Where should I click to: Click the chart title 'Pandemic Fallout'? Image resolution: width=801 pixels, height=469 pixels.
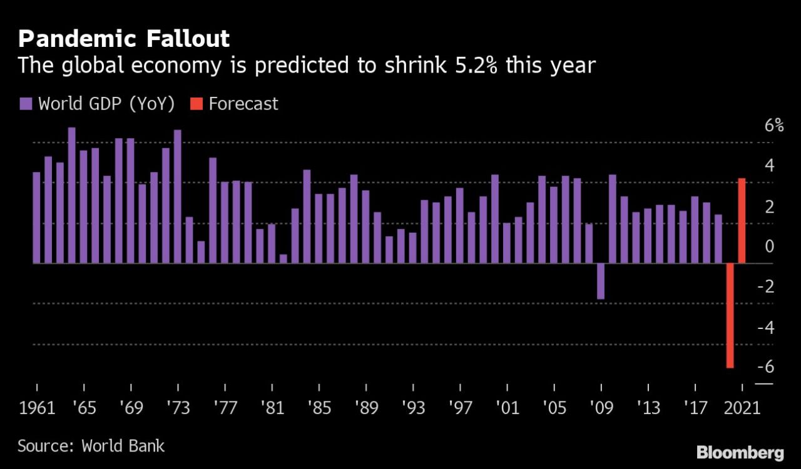point(124,39)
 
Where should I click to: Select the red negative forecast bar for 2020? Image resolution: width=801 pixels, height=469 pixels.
point(730,315)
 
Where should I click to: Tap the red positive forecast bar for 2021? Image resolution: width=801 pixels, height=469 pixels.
point(742,221)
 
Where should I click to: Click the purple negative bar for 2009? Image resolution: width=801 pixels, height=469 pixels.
point(601,281)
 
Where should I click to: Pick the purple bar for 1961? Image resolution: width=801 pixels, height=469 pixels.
point(36,218)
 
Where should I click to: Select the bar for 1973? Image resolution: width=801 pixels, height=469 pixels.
point(177,196)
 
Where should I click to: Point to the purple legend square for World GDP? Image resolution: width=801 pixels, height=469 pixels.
point(26,104)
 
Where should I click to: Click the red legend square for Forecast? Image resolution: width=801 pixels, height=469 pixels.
point(196,104)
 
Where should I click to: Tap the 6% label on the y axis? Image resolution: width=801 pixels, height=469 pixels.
point(773,125)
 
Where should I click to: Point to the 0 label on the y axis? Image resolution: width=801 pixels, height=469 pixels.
point(769,246)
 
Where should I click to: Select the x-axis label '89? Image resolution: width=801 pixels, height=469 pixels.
point(366,408)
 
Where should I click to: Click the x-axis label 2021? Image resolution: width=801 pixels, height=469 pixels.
point(742,408)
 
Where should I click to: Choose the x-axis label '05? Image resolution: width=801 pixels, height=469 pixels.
point(554,408)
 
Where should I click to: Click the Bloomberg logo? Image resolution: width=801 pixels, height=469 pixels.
point(740,451)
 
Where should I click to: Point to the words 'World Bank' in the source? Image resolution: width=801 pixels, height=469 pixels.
point(123,446)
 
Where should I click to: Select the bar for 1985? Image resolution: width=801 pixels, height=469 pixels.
point(319,228)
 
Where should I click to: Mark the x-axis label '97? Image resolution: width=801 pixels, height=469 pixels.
point(460,408)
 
